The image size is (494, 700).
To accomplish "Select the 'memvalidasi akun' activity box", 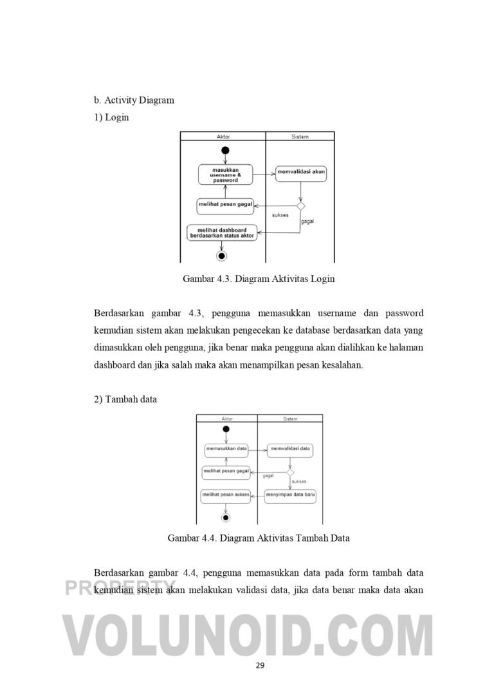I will tap(301, 171).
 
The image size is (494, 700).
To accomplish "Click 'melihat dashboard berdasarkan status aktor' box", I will tap(222, 233).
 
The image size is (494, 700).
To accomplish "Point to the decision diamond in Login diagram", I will tap(300, 205).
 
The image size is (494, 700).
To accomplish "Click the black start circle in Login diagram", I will tap(225, 151).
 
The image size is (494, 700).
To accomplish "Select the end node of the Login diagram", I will tap(223, 256).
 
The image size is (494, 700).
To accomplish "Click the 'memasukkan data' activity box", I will tap(226, 449).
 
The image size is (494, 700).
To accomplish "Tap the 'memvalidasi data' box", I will tap(291, 449).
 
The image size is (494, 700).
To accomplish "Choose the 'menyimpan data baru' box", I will tap(291, 495).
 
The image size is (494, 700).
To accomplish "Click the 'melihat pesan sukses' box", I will tap(226, 495).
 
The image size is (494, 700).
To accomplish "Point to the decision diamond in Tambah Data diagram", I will tap(291, 472).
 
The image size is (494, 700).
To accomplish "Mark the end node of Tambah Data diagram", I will tap(226, 517).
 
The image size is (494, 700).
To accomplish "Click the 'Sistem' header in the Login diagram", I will tap(300, 137).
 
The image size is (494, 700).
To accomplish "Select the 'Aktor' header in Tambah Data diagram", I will tap(226, 419).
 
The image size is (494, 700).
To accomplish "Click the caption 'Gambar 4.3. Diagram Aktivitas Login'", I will tap(259, 279).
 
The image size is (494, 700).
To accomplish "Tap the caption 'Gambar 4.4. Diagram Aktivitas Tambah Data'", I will tap(259, 538).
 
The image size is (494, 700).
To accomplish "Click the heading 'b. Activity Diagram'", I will tap(134, 100).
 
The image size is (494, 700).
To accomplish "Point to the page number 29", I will tap(260, 665).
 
